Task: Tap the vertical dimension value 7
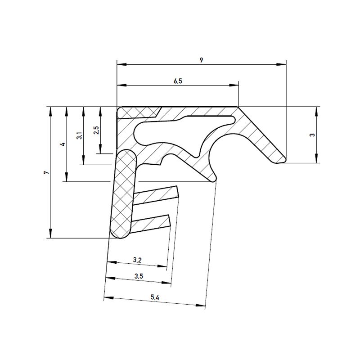[45, 173]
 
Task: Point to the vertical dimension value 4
[63, 144]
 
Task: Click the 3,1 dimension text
[79, 135]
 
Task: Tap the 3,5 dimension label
[138, 276]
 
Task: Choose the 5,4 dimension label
[154, 297]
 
